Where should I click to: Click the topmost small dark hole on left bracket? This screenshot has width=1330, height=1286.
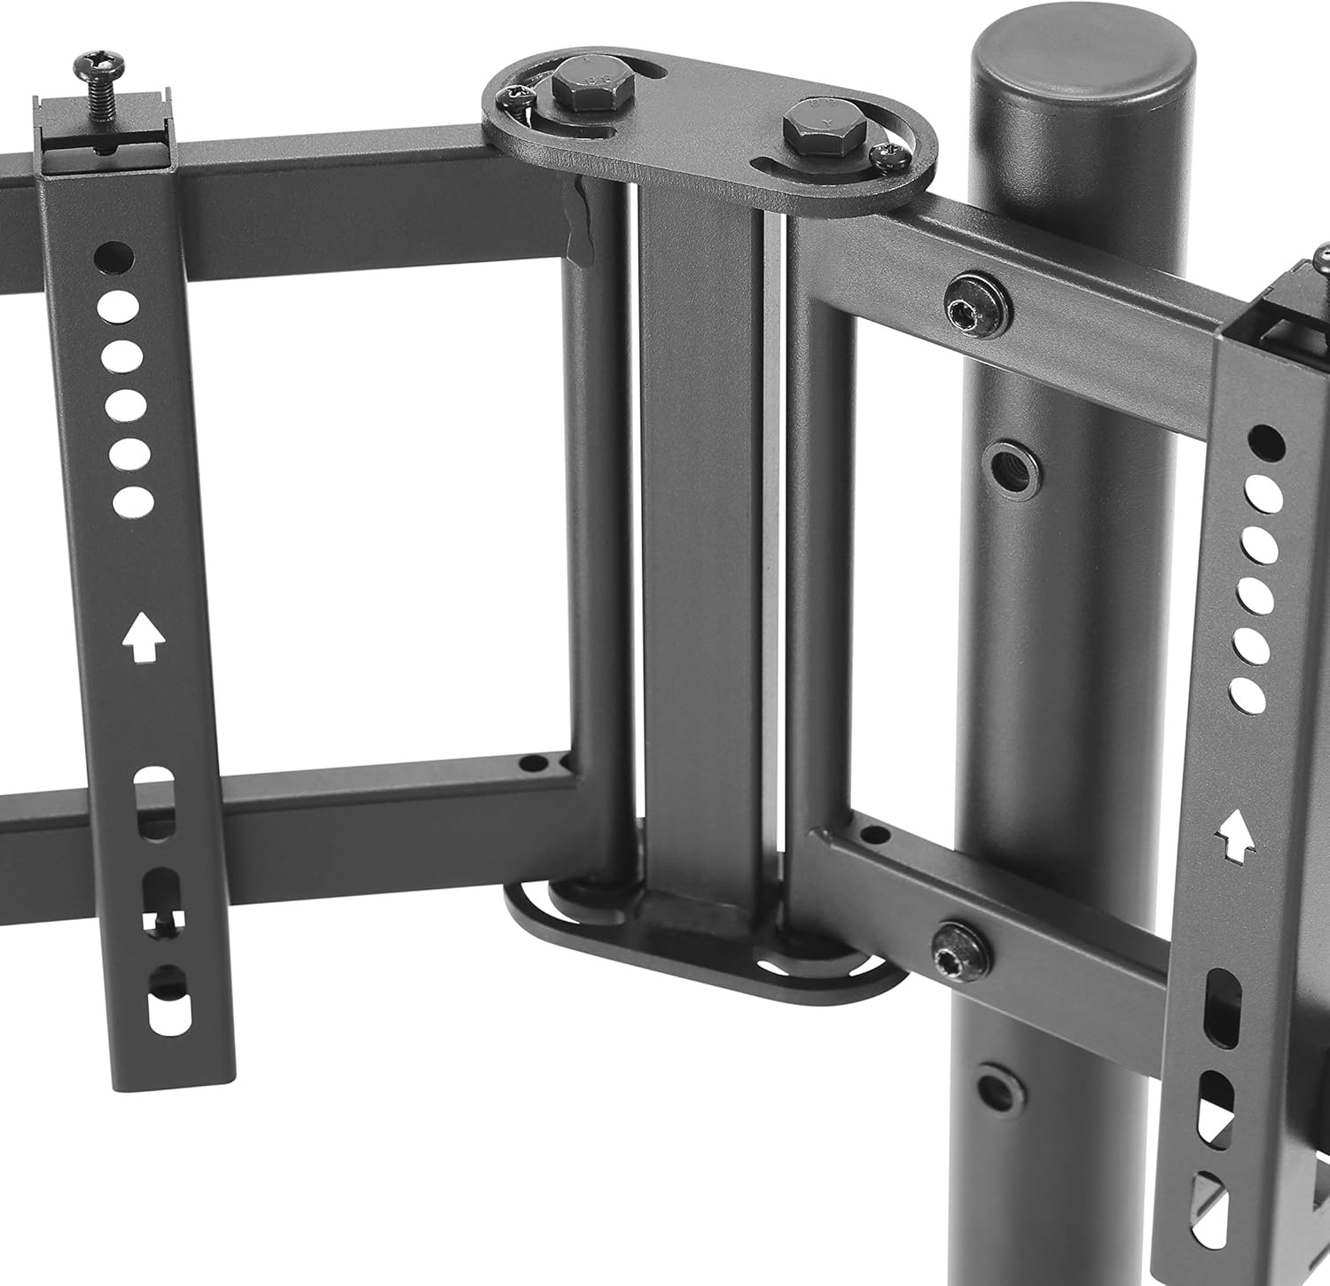click(x=114, y=257)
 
